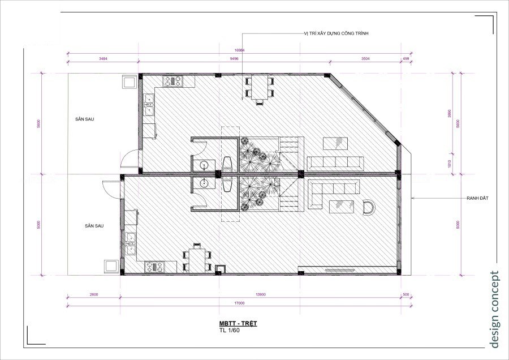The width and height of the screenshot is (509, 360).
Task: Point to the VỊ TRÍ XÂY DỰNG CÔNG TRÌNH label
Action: point(337,33)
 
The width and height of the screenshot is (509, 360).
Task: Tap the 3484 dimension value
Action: point(103,58)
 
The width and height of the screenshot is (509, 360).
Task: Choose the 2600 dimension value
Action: point(93,294)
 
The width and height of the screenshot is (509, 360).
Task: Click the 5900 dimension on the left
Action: point(38,123)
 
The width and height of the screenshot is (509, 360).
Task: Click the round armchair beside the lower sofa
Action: point(368,207)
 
